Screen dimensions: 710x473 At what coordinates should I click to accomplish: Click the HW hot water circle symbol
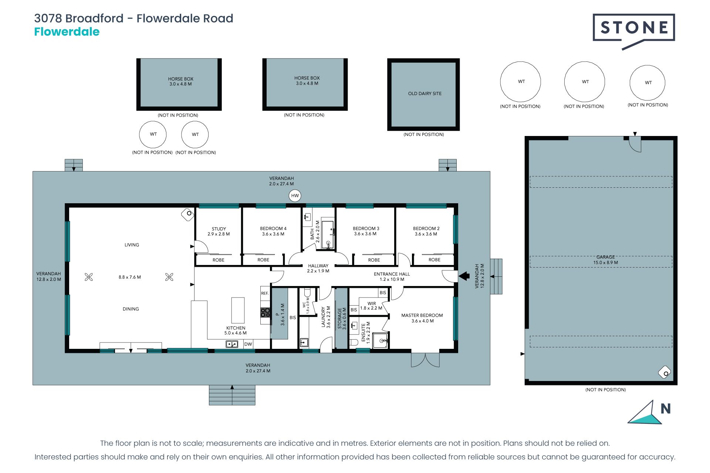[x=295, y=196]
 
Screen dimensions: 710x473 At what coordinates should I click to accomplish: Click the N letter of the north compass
[x=666, y=409]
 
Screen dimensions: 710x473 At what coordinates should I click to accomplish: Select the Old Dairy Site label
[x=425, y=93]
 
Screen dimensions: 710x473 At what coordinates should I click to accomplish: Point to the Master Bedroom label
[x=422, y=315]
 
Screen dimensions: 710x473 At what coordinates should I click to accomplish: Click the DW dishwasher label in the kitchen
[x=248, y=344]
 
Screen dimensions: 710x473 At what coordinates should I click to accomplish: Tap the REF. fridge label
[x=265, y=293]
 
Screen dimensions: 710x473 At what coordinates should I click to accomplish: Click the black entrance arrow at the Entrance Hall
[x=464, y=276]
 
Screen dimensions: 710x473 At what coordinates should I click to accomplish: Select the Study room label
[x=219, y=229]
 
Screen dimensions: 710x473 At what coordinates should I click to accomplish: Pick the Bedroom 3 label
[x=366, y=228]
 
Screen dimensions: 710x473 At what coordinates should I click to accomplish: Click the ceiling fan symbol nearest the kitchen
[x=169, y=277]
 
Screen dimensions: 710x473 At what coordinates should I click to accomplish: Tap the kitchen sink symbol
[x=232, y=344]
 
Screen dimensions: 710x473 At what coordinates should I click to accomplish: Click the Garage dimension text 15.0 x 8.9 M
[x=606, y=263]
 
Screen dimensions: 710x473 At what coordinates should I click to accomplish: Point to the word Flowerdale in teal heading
[x=67, y=32]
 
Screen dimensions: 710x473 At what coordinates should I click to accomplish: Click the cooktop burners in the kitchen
[x=266, y=313]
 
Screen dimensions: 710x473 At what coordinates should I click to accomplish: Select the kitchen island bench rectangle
[x=238, y=310]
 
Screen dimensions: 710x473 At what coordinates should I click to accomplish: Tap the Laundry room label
[x=323, y=317]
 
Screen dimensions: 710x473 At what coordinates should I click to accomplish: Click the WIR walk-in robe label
[x=372, y=303]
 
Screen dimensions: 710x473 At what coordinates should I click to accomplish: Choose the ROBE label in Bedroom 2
[x=435, y=260]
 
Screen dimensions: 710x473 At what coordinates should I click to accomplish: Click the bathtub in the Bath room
[x=328, y=235]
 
